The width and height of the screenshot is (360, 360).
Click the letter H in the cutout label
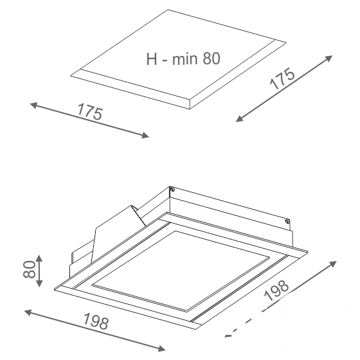click(x=152, y=59)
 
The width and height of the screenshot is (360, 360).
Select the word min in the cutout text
click(x=185, y=59)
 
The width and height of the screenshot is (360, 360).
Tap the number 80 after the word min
click(x=212, y=59)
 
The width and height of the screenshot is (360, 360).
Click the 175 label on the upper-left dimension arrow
click(x=90, y=112)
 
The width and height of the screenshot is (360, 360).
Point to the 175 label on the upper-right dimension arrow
click(x=282, y=78)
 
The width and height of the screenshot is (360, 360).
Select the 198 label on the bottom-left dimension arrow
click(x=96, y=321)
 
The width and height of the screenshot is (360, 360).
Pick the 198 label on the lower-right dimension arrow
click(x=276, y=290)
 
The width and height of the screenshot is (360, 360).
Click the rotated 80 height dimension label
click(x=30, y=269)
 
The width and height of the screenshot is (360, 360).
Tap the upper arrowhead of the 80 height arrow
click(x=39, y=258)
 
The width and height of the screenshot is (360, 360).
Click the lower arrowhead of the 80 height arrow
click(x=39, y=283)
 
